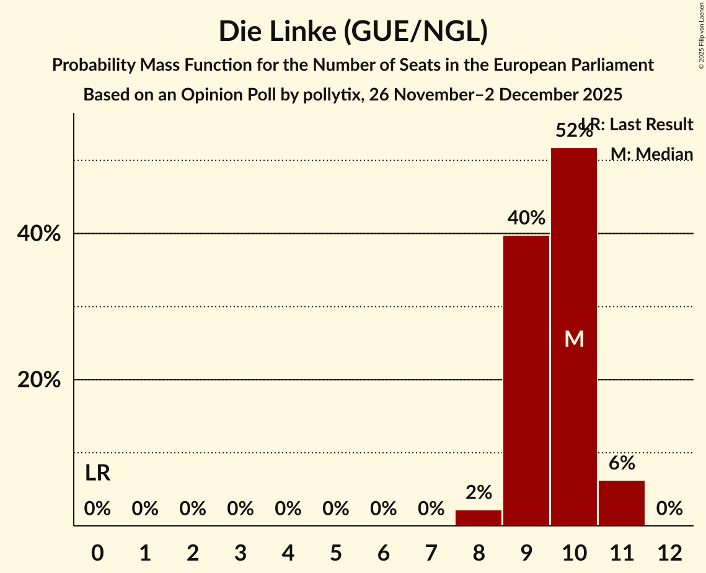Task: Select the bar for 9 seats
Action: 526,380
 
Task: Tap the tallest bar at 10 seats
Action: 574,337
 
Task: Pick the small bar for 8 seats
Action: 479,518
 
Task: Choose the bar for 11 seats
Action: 622,503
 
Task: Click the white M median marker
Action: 574,339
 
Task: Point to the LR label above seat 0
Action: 97,474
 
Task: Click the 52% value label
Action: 573,131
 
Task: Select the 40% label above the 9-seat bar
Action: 526,218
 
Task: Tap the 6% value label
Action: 622,463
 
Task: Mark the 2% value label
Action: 479,493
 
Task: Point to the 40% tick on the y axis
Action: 39,234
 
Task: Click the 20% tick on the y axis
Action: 39,380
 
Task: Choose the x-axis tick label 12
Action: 669,553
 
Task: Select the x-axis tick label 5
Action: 336,553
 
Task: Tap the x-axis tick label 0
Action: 97,553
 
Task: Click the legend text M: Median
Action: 651,154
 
